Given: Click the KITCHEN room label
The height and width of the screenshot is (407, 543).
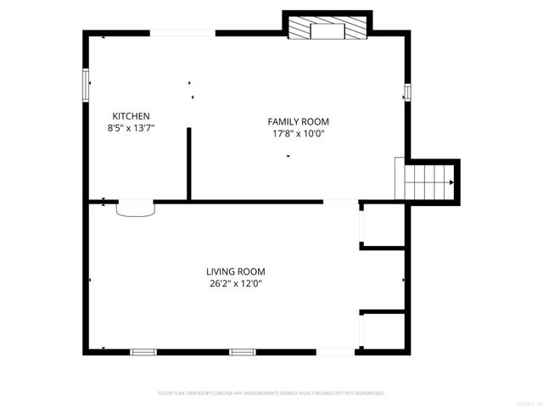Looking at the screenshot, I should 132,116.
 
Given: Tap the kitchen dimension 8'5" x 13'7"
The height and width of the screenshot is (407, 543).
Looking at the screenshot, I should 132,128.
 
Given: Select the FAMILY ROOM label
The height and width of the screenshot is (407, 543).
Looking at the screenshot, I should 299,122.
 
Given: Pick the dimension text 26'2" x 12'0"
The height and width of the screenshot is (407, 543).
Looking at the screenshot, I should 235,283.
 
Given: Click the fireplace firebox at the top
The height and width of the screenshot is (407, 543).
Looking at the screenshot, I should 327,32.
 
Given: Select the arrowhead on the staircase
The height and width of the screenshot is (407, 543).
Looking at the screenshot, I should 451,181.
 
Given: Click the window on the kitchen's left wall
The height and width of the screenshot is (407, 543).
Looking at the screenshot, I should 85,85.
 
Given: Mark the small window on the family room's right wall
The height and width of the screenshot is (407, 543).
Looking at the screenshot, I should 407,92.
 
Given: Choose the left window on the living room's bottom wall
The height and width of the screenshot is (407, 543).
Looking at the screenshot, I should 143,351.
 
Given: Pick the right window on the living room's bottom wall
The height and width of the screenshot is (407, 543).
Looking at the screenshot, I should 243,351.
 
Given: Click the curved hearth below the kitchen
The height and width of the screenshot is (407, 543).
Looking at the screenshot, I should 136,209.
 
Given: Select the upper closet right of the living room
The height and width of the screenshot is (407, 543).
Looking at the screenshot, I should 383,225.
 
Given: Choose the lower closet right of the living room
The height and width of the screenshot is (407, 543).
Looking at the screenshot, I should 383,331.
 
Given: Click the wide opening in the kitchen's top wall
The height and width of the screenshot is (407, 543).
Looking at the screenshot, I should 182,33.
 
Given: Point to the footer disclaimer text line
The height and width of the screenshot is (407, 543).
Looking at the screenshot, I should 271,393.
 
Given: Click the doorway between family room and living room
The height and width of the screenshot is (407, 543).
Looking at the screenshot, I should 341,202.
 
